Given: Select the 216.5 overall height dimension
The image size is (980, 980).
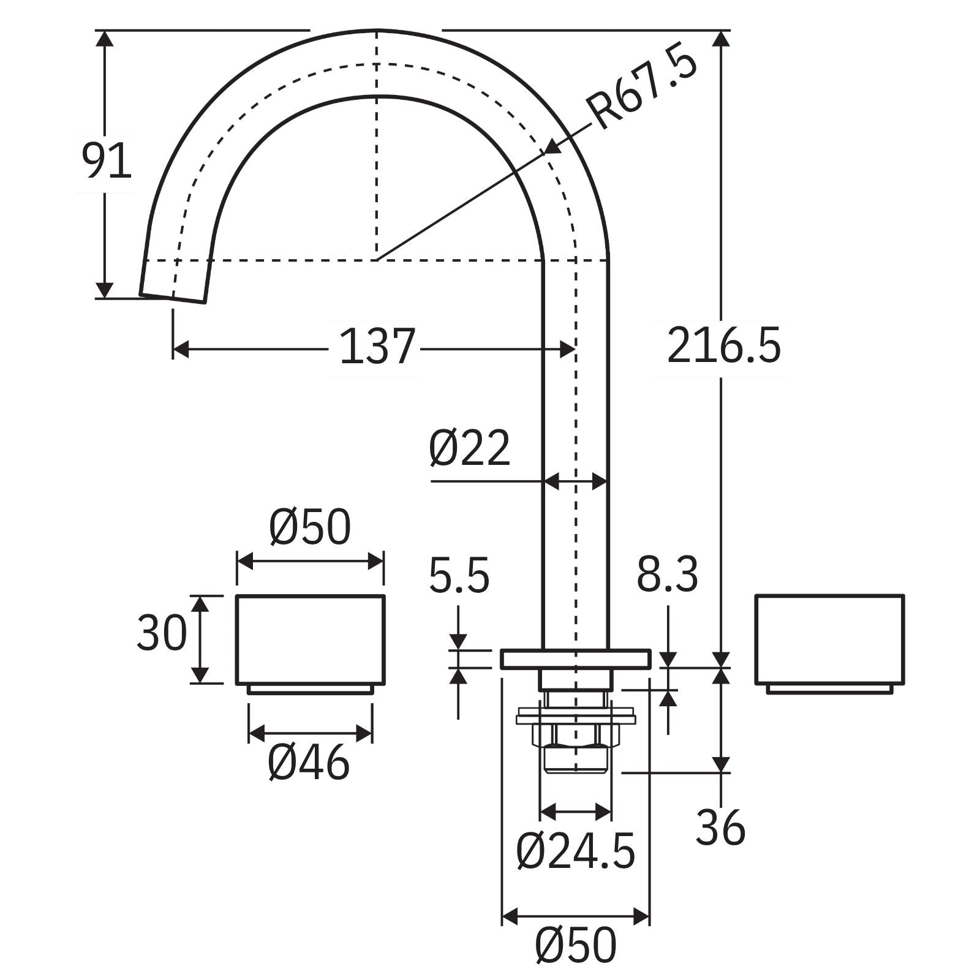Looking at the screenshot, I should [724, 347].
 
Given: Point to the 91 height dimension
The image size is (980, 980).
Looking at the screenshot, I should [107, 161].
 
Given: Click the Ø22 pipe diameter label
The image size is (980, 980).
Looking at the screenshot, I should [469, 448].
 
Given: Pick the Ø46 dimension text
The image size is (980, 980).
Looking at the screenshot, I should [309, 763].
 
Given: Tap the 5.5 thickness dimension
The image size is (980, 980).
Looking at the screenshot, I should [459, 576].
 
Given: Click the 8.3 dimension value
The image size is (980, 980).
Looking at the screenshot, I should [667, 575].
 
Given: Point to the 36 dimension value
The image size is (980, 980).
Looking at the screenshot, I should [720, 828].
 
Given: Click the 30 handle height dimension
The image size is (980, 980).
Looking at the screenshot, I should [161, 633].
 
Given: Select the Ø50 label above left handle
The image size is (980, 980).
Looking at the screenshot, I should [310, 527].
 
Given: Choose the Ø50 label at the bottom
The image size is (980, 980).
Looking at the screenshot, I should [575, 945].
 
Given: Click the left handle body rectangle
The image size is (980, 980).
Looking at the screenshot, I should [311, 639].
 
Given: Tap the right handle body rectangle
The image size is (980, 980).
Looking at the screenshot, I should [829, 639].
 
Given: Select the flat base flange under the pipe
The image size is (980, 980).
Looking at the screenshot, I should [575, 659].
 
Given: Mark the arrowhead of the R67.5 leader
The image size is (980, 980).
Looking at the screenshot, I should [551, 149].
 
